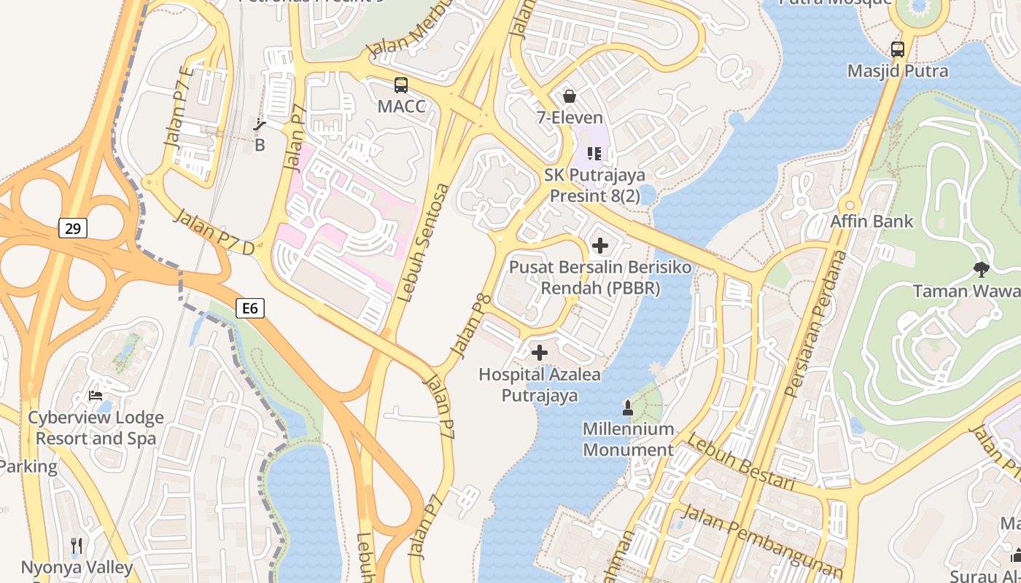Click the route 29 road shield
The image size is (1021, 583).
coord(72,229)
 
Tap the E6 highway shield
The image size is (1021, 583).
coord(249,308)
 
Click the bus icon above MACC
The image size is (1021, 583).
coord(401,85)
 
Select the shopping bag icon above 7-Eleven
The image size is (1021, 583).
coord(570,96)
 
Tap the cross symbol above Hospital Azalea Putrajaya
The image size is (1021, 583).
coord(540,353)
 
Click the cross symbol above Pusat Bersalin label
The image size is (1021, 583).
coord(600,246)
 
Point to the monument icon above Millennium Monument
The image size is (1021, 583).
coord(627,407)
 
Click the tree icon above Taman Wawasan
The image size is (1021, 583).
coord(981,269)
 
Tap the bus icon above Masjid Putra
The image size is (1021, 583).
coord(898,50)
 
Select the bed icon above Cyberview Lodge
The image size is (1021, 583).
coord(96,396)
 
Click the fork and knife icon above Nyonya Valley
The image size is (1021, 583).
coord(77,545)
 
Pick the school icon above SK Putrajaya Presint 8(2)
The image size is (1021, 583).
coord(594,154)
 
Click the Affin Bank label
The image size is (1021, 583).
coord(871,221)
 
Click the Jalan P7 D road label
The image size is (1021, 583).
coord(214,232)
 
